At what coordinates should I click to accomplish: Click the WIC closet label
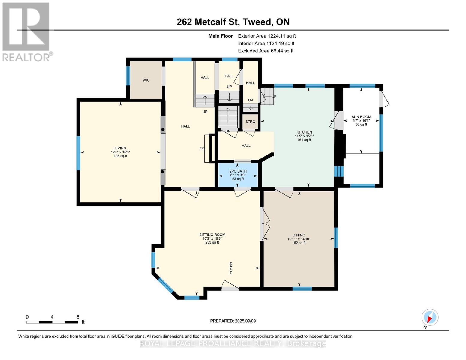point(146,80)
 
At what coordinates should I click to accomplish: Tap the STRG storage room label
point(250,121)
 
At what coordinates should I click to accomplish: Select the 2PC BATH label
point(238,171)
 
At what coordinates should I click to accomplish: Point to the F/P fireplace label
point(202,148)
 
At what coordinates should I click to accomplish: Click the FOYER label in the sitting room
point(231,268)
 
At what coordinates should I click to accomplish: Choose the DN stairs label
point(228,131)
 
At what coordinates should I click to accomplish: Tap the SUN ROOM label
point(361,117)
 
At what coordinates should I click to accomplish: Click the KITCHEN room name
point(304,132)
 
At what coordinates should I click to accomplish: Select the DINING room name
point(299,235)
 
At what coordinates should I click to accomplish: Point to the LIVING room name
point(120,148)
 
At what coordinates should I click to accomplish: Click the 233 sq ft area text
point(212,242)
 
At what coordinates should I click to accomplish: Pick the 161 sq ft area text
point(304,140)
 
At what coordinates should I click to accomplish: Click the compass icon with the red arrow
point(430,317)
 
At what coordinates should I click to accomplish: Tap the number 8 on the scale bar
point(78,317)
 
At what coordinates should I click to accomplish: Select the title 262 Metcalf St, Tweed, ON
point(233,22)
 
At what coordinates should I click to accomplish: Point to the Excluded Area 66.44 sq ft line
point(266,51)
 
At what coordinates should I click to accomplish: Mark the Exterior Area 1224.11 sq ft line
point(267,36)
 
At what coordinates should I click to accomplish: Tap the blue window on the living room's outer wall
point(79,153)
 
